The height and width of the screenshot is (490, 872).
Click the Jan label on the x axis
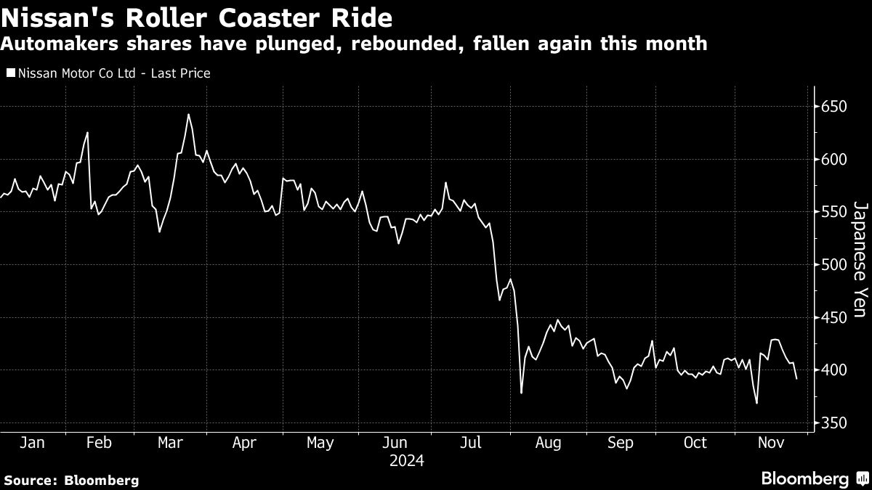[x=32, y=443]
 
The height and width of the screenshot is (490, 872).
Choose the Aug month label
[x=548, y=444]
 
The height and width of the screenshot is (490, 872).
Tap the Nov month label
[x=771, y=443]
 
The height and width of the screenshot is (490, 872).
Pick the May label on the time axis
[x=320, y=444]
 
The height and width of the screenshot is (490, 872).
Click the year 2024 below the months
[x=407, y=461]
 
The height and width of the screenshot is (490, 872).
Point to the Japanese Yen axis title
[x=860, y=259]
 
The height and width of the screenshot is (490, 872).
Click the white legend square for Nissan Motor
[x=10, y=73]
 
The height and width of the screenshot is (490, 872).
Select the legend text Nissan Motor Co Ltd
[x=77, y=73]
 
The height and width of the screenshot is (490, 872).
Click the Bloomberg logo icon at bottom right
[x=863, y=478]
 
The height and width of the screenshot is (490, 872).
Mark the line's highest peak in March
[x=188, y=115]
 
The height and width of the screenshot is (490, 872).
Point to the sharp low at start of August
[x=521, y=393]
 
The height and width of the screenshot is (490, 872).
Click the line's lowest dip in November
[x=756, y=404]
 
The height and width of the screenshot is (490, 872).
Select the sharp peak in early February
[x=88, y=133]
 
